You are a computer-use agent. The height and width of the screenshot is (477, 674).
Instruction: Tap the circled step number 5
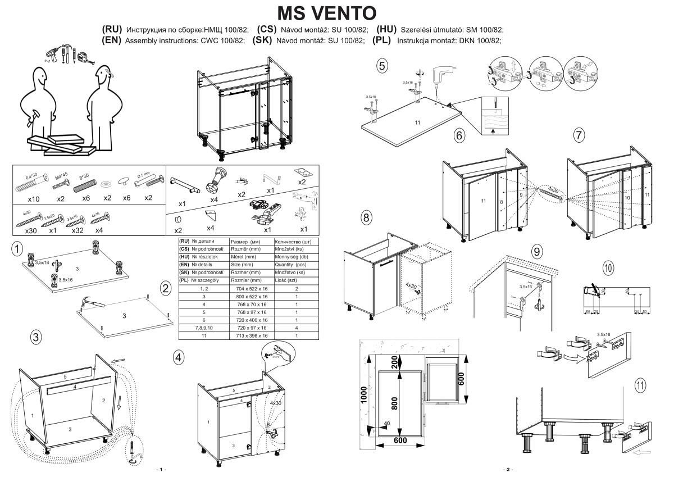[382, 66]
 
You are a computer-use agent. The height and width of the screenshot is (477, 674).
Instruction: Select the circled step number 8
[366, 218]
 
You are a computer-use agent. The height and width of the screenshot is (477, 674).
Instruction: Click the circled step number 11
[640, 385]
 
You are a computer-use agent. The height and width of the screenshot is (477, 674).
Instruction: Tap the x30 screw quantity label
[31, 231]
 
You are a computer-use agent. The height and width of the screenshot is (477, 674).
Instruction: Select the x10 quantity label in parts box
[34, 199]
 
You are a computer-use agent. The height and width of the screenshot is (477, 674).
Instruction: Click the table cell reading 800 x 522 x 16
[251, 296]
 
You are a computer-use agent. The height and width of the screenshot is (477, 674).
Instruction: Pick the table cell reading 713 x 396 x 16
[251, 335]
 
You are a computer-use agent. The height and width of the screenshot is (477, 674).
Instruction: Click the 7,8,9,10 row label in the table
[203, 328]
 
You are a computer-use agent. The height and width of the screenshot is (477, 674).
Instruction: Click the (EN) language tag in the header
[112, 40]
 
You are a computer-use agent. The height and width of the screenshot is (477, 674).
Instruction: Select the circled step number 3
[35, 337]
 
